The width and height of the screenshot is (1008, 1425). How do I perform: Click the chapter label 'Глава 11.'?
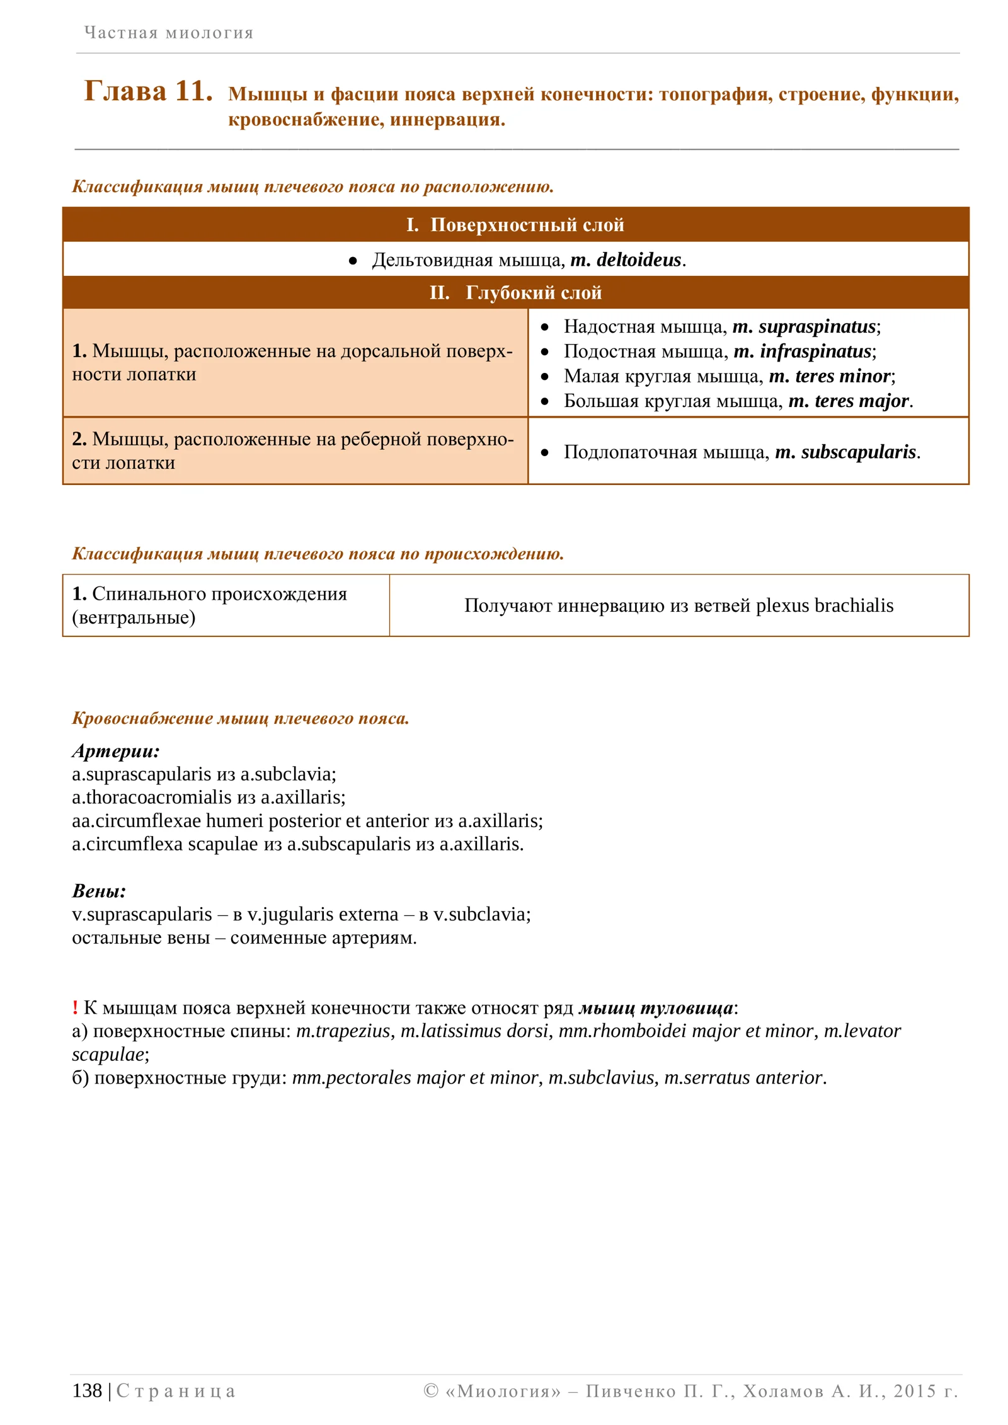[x=148, y=91]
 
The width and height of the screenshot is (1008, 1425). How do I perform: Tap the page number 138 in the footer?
[x=87, y=1390]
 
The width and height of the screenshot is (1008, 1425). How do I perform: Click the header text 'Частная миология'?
[x=169, y=33]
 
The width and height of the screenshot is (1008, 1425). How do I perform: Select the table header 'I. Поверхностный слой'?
[x=515, y=225]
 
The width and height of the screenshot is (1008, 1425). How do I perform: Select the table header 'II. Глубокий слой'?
[x=515, y=293]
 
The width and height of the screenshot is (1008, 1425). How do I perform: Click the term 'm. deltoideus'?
[x=626, y=260]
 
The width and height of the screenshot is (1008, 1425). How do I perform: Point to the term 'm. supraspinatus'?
[x=805, y=326]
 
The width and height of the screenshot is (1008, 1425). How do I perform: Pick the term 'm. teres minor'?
[x=830, y=376]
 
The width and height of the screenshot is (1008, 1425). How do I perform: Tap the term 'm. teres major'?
[x=849, y=401]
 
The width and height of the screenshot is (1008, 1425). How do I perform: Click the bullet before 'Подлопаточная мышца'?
[x=545, y=452]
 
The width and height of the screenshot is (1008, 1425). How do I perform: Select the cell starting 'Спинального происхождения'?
[x=209, y=605]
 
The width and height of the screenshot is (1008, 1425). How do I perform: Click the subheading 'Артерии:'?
[x=116, y=750]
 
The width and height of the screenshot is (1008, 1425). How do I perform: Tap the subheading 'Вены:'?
[x=99, y=891]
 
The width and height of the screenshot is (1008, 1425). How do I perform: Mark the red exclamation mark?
[x=75, y=1007]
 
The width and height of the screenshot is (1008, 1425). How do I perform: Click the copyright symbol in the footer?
[x=431, y=1390]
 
